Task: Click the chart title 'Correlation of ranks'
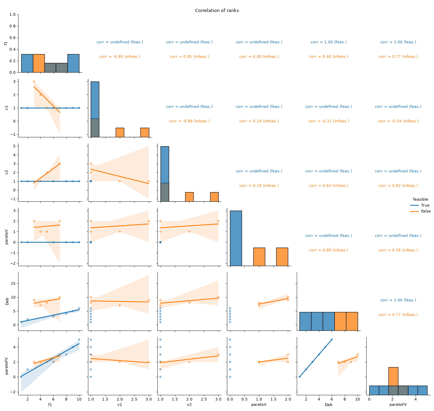click(217, 10)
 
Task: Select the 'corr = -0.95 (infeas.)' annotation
click(120, 57)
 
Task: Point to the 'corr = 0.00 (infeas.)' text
click(259, 57)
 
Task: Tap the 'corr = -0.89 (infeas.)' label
click(189, 121)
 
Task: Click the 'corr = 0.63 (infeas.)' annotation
click(329, 186)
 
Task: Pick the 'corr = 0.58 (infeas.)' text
click(398, 250)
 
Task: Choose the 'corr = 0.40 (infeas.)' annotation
click(329, 57)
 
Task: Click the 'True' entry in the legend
click(425, 205)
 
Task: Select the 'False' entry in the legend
click(425, 211)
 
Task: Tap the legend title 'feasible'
click(420, 199)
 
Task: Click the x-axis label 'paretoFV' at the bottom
click(398, 404)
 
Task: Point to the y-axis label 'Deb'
click(7, 301)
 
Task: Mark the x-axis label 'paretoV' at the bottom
click(259, 404)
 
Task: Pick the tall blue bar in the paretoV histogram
click(236, 238)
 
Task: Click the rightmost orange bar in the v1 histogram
click(144, 132)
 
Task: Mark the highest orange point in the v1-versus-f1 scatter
click(34, 82)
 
